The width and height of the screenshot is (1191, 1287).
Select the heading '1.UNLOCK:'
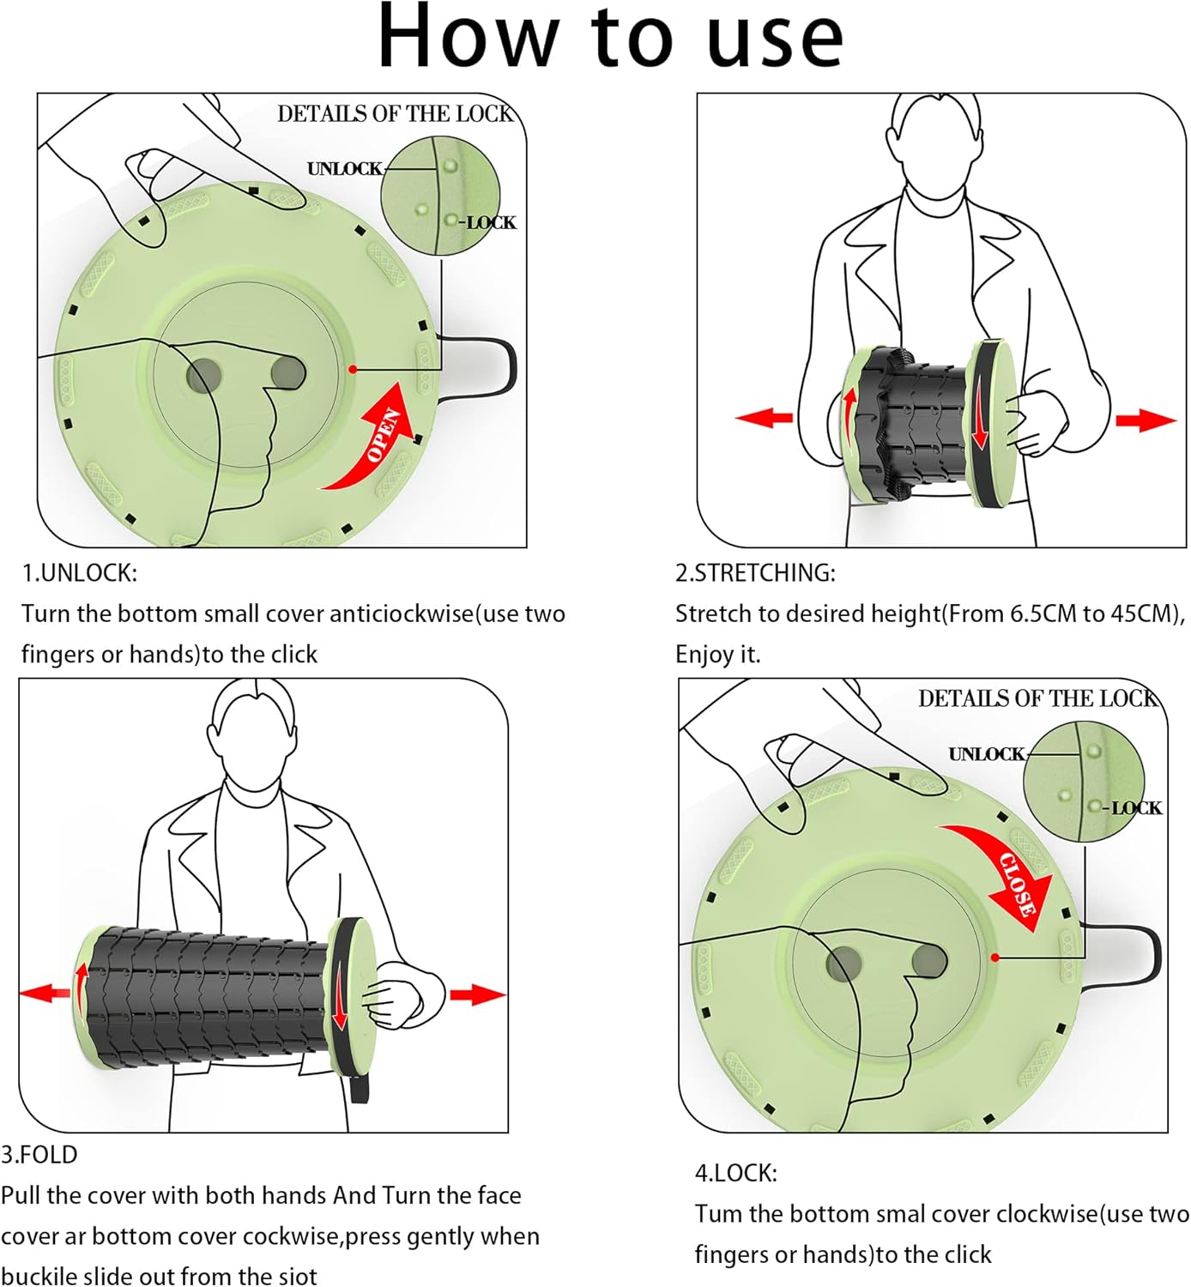pyautogui.click(x=79, y=572)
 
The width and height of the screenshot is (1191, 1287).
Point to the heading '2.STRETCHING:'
pyautogui.click(x=755, y=572)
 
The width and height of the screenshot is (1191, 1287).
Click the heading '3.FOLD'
pyautogui.click(x=39, y=1155)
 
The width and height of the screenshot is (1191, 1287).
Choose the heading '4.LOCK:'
pyautogui.click(x=735, y=1173)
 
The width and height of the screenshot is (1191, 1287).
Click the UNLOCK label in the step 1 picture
pyautogui.click(x=344, y=169)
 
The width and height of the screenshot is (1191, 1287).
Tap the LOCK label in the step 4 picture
pyautogui.click(x=1136, y=808)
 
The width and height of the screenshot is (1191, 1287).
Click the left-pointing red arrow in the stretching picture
pyautogui.click(x=764, y=418)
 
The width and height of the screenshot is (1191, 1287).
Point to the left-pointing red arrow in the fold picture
pyautogui.click(x=45, y=994)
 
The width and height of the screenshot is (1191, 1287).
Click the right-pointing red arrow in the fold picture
pyautogui.click(x=477, y=994)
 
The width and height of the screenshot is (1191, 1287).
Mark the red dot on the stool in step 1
pyautogui.click(x=353, y=369)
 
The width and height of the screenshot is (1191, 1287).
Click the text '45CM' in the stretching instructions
pyautogui.click(x=1146, y=614)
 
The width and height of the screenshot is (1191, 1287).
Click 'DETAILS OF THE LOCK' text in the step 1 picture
pyautogui.click(x=394, y=114)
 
